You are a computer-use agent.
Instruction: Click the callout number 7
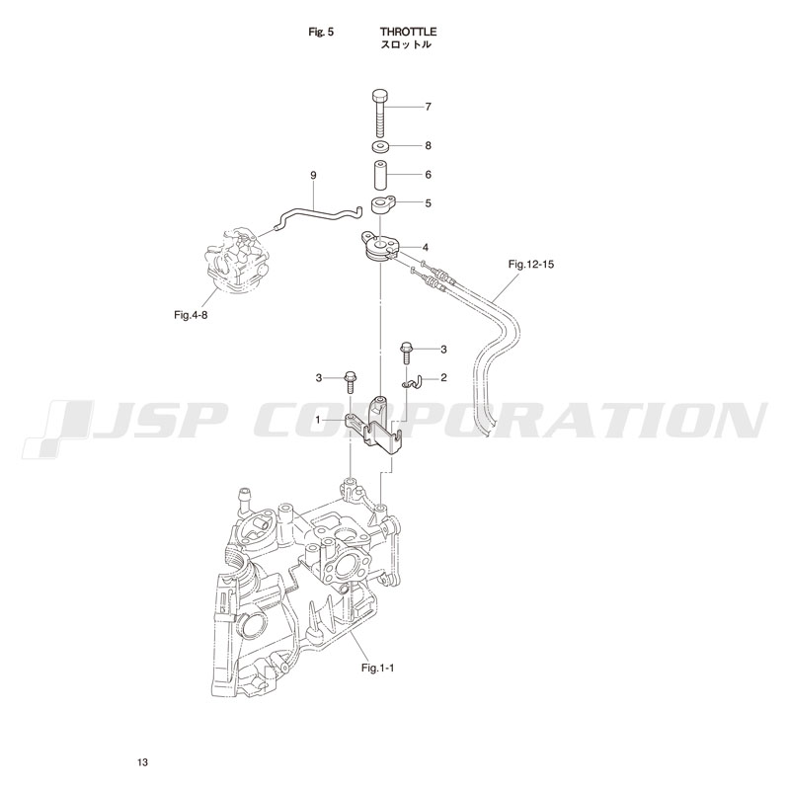pos(428,105)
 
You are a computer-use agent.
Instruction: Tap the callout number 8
pos(428,145)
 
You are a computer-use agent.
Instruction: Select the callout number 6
pos(428,174)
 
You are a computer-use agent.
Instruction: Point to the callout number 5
pos(428,203)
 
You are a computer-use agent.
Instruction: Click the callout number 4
pos(425,246)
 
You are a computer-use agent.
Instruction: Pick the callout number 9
pos(313,175)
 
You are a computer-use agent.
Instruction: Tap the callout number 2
pos(443,377)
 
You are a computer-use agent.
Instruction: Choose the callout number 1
pos(319,420)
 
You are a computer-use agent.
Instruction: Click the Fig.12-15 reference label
pos(530,264)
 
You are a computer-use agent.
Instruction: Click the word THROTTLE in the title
pos(408,32)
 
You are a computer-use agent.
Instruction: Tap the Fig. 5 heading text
pos(322,32)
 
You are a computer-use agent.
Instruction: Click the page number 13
pos(143,763)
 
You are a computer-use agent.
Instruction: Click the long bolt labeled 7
pos(380,116)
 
